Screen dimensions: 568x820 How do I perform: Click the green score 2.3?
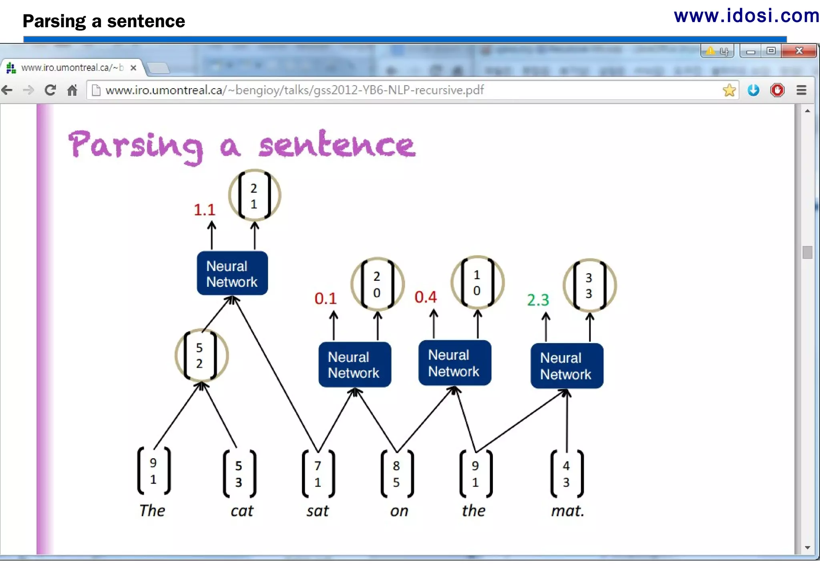538,300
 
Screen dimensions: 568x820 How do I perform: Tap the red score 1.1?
204,209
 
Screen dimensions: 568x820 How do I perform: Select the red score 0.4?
425,297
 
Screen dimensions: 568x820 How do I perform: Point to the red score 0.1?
325,298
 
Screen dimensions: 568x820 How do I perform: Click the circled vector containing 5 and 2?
201,355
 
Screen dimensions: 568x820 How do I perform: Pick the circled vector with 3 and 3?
589,285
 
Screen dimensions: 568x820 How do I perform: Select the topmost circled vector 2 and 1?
254,195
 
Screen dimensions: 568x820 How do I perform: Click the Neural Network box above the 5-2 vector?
232,274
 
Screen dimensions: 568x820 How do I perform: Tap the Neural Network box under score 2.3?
566,366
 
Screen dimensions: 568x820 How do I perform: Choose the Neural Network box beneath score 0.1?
354,365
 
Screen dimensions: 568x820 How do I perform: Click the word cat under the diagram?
242,511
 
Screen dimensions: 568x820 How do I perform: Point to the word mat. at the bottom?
567,511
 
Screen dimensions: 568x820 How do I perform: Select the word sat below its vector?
318,511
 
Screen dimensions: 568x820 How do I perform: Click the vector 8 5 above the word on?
396,473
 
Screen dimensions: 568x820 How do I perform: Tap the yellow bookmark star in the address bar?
729,90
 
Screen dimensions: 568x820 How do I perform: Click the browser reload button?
50,90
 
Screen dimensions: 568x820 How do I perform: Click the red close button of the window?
798,51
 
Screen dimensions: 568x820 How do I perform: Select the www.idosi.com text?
746,16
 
